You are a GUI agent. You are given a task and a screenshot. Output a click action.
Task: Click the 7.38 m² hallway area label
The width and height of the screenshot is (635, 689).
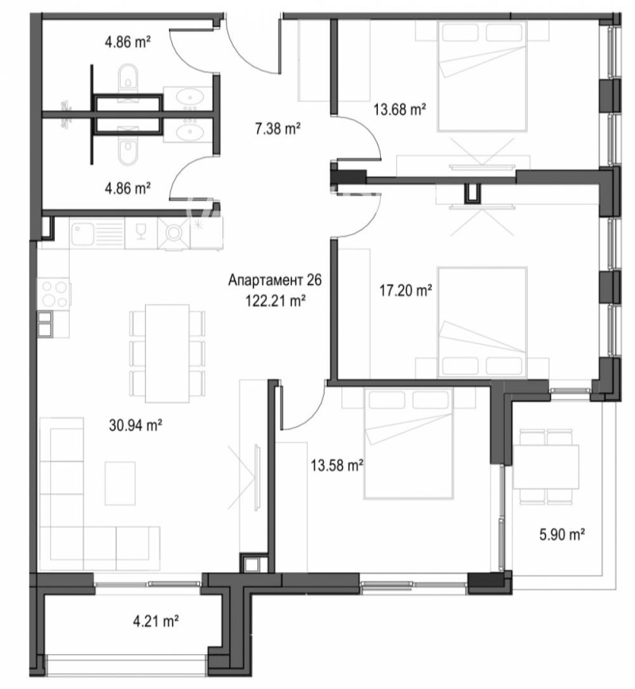276,128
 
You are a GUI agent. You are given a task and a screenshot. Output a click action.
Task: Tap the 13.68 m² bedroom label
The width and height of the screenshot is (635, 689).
400,110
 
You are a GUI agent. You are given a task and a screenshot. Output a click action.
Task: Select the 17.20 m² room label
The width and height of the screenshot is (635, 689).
405,291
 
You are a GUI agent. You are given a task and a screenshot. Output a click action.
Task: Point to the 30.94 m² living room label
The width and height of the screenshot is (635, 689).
136,425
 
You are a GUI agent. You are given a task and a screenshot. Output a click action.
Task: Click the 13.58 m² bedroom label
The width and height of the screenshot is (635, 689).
336,465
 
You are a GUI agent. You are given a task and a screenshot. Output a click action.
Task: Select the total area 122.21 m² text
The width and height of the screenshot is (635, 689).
276,300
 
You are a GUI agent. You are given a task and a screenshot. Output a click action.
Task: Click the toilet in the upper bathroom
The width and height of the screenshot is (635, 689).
127,80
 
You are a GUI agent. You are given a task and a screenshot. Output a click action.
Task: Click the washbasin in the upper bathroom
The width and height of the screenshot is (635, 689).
190,98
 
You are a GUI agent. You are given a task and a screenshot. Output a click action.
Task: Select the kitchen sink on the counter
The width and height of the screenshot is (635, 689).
97,233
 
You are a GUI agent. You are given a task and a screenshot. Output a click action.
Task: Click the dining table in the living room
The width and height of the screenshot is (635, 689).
167,352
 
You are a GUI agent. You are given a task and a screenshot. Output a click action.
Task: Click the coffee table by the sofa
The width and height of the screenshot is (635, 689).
121,483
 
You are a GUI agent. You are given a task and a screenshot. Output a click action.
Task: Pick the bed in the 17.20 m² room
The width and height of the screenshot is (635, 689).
483,321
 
